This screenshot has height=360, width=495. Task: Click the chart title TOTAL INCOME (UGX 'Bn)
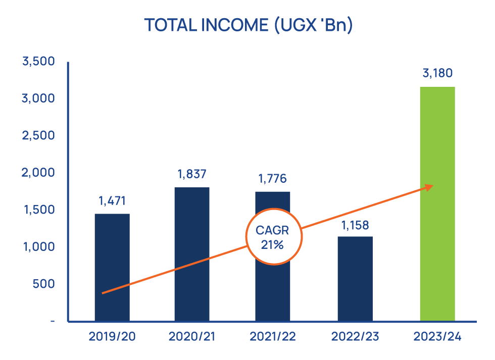pos(248,25)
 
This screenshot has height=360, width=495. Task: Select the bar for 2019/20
pos(112,268)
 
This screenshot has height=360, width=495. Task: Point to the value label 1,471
pos(112,201)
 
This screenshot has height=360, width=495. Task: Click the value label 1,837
pos(192,175)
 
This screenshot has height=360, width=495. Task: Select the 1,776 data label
pos(272,179)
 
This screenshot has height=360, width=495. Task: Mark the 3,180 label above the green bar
pos(437,74)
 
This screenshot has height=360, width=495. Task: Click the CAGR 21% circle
pos(273,237)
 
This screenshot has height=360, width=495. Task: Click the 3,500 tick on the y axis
pos(38,62)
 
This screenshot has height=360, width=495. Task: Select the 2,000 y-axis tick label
pos(38,173)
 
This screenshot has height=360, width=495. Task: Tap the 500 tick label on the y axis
pos(44,284)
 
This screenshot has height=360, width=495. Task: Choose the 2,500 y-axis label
pos(38,136)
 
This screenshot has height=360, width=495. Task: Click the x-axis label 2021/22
pos(272,336)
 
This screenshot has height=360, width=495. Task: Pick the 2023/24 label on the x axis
pos(437,336)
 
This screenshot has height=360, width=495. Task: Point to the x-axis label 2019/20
pos(112,336)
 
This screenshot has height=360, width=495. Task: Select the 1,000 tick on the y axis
pos(38,247)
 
